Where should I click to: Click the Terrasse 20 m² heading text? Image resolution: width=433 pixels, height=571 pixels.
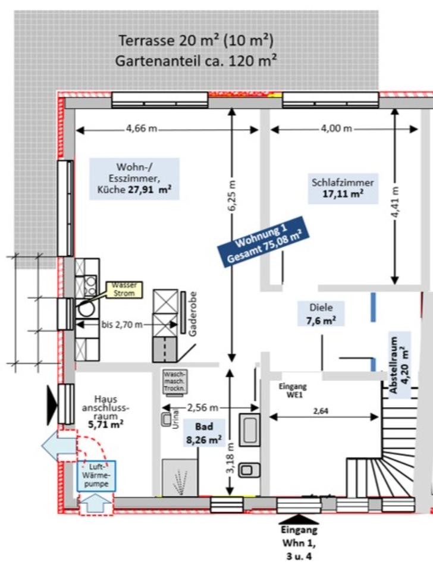tap(196, 40)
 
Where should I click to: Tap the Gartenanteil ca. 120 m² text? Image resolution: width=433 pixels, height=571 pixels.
tap(196, 60)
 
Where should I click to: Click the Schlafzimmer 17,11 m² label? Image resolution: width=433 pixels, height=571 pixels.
tap(343, 187)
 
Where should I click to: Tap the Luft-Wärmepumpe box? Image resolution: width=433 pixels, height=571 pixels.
tap(95, 475)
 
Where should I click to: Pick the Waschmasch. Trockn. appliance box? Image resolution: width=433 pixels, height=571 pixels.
tap(175, 381)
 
